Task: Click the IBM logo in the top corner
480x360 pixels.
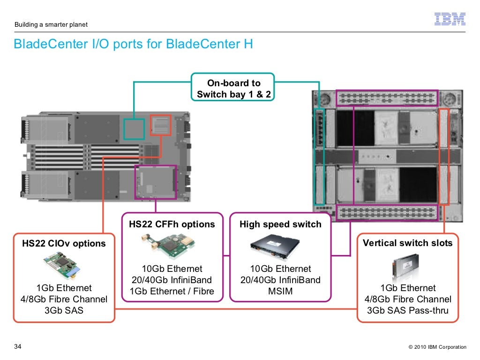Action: click(450, 19)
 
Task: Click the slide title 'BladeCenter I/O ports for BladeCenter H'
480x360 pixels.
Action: click(133, 45)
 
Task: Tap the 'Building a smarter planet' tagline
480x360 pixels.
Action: click(51, 24)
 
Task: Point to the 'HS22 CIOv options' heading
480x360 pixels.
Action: click(64, 243)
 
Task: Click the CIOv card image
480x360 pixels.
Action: click(64, 264)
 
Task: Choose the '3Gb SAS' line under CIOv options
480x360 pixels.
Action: click(64, 310)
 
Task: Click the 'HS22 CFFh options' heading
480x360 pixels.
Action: click(172, 224)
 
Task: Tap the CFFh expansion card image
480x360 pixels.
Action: click(172, 246)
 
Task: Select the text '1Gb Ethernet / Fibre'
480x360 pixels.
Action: click(172, 291)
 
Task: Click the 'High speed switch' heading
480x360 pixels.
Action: click(280, 224)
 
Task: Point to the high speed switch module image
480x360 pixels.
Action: click(280, 247)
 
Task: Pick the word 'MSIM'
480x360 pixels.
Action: click(280, 291)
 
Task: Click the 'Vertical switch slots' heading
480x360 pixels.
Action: click(408, 243)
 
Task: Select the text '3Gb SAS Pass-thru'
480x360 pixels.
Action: click(408, 310)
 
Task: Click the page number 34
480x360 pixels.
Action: click(18, 347)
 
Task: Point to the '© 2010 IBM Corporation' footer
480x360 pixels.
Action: click(437, 347)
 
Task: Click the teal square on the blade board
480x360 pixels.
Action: click(134, 129)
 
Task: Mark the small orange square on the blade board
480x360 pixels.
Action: click(161, 125)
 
